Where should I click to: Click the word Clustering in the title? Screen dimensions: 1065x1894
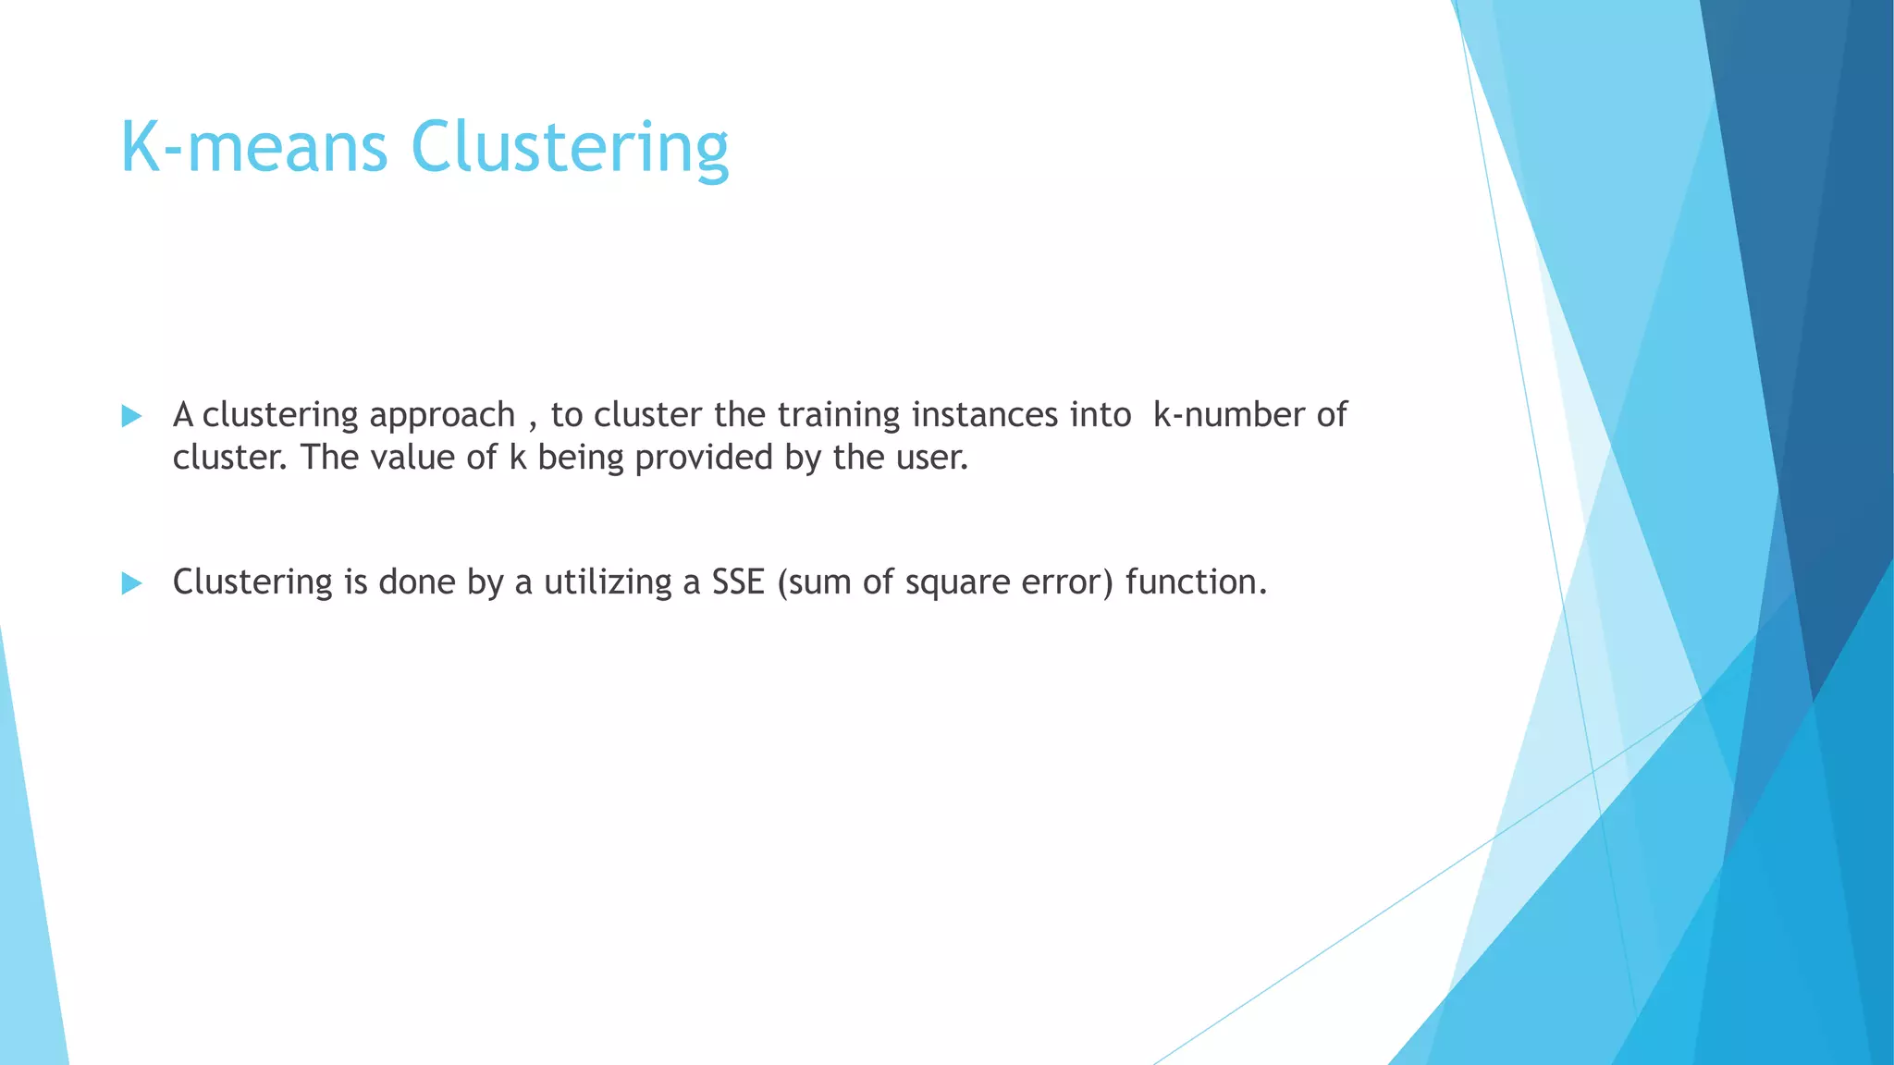[x=570, y=148]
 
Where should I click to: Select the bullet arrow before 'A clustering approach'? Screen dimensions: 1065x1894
[x=131, y=416]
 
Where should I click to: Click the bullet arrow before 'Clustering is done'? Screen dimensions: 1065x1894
[x=131, y=583]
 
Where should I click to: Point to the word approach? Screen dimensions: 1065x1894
[x=442, y=416]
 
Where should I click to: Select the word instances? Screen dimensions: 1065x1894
[x=984, y=414]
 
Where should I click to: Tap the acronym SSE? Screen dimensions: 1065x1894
[x=738, y=581]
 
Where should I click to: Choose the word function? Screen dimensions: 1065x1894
[x=1195, y=581]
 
